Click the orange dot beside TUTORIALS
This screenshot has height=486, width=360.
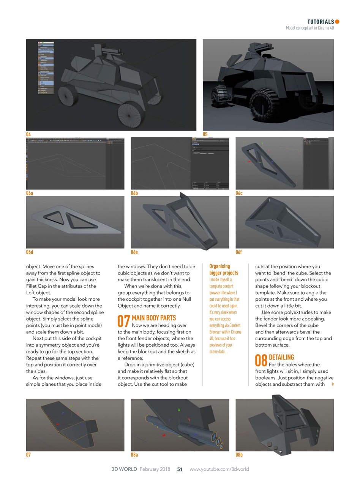pyautogui.click(x=337, y=22)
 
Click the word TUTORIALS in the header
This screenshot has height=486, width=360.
pyautogui.click(x=321, y=22)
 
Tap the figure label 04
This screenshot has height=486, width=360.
pyautogui.click(x=28, y=134)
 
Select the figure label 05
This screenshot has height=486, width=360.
pyautogui.click(x=205, y=134)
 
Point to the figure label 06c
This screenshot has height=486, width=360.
pyautogui.click(x=239, y=193)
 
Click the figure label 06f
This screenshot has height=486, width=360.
pyautogui.click(x=238, y=252)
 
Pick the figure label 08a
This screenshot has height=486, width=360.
pyautogui.click(x=134, y=454)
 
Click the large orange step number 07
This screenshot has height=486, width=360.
pyautogui.click(x=124, y=321)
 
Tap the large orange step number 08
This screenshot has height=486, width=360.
pyautogui.click(x=261, y=361)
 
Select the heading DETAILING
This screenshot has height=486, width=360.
pyautogui.click(x=281, y=357)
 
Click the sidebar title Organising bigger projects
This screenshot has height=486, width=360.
pyautogui.click(x=224, y=270)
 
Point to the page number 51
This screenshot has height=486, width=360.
pyautogui.click(x=180, y=469)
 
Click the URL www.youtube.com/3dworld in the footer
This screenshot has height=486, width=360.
pyautogui.click(x=219, y=469)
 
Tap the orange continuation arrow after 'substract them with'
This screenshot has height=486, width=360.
pyautogui.click(x=333, y=384)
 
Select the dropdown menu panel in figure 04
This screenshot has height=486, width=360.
pyautogui.click(x=46, y=68)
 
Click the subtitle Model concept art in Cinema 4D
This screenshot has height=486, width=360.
pyautogui.click(x=309, y=28)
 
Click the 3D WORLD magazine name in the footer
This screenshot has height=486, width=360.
pyautogui.click(x=124, y=469)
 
